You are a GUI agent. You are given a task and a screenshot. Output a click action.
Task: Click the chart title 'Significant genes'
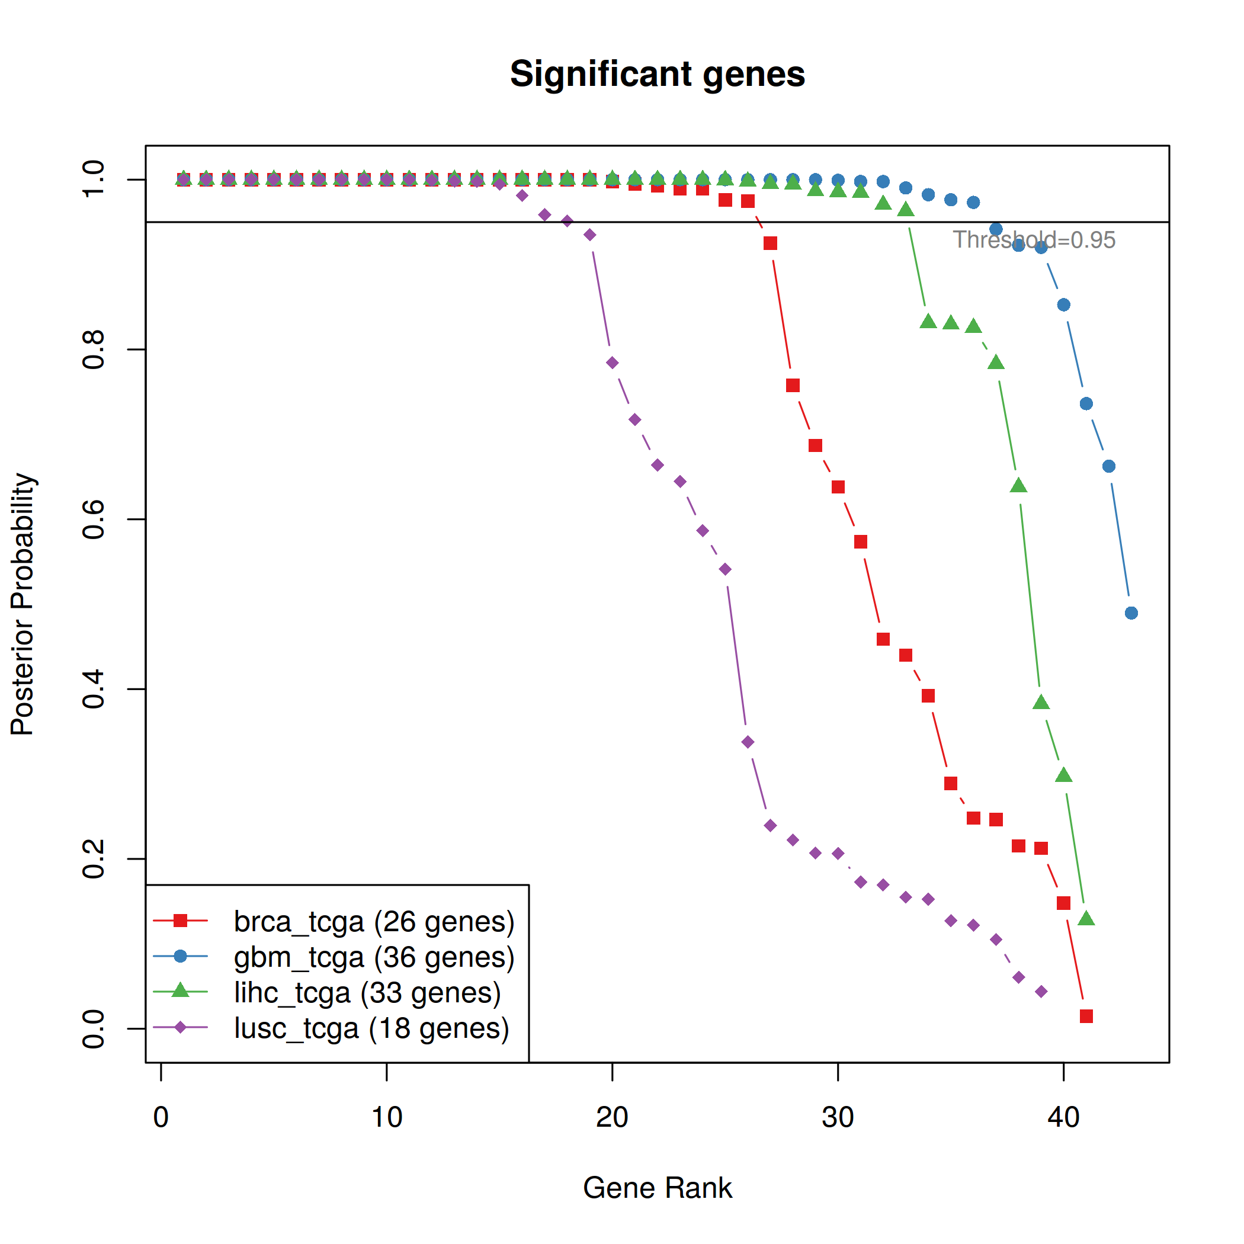coord(657,74)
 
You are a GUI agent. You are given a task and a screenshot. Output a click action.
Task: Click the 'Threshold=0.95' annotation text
coord(1034,240)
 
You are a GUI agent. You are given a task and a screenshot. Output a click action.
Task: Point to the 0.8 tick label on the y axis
coord(95,350)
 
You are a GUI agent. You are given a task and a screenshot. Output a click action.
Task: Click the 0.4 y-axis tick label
coord(95,688)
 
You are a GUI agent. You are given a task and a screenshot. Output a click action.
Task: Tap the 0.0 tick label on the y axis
coord(95,1028)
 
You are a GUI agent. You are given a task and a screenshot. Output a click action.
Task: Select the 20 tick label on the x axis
coord(612,1117)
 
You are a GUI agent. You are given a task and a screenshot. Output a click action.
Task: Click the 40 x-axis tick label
coord(1063,1117)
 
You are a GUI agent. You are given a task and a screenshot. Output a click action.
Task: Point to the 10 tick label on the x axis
coord(386,1117)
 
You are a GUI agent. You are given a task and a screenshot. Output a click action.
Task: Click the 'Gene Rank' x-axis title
coord(657,1188)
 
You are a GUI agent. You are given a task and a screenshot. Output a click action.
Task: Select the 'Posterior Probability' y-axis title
coord(23,604)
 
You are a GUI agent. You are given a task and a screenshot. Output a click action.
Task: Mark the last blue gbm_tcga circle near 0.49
coord(1131,613)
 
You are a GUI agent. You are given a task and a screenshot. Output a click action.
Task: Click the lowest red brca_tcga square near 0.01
coord(1086,1016)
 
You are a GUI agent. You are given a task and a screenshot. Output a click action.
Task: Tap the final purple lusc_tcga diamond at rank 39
coord(1041,992)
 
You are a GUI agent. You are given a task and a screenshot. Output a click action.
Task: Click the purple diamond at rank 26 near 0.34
coord(748,742)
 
